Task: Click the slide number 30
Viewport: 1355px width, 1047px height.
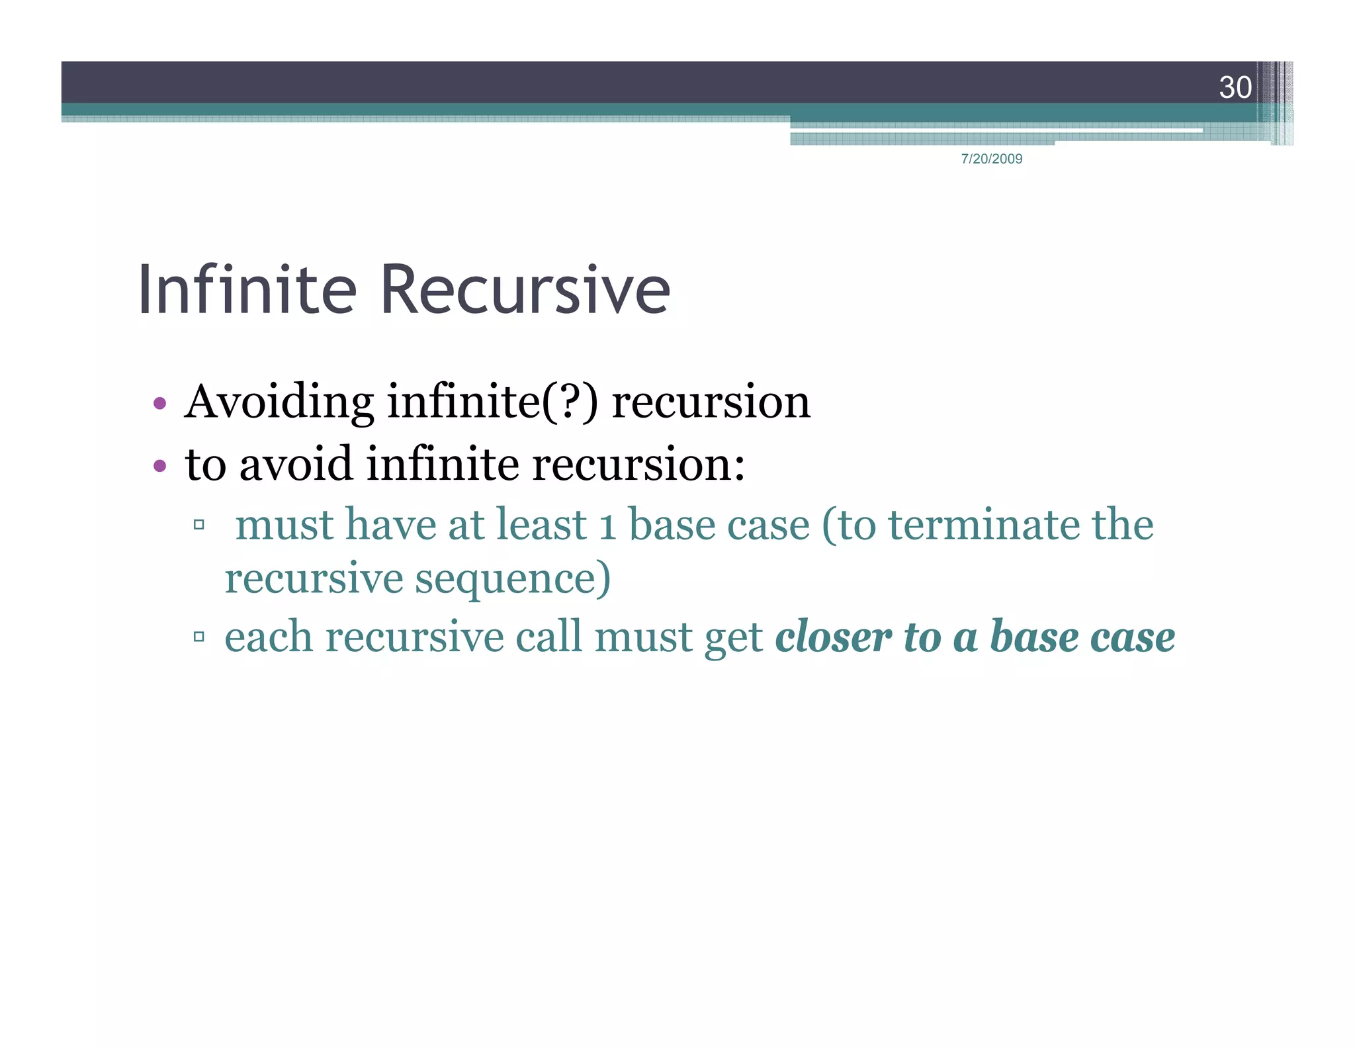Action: click(1235, 87)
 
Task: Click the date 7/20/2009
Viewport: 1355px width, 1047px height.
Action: click(991, 159)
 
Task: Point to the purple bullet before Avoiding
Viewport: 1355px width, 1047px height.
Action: click(159, 403)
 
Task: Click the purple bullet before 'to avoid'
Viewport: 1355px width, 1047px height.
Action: click(159, 466)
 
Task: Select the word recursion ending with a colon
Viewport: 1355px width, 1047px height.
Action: click(638, 464)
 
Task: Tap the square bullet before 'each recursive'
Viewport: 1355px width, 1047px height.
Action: click(198, 637)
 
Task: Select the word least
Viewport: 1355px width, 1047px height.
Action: click(541, 525)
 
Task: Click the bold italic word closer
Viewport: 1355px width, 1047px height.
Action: click(833, 637)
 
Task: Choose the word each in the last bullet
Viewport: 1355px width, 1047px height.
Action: click(268, 637)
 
